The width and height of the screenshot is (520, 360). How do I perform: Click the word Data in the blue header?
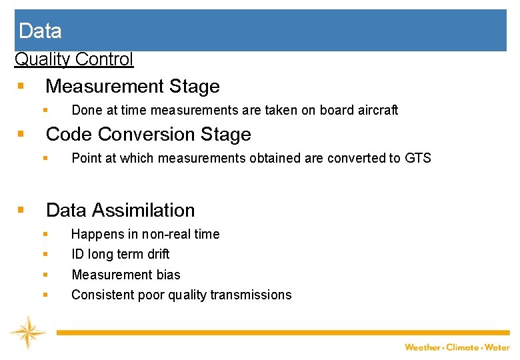coord(40,31)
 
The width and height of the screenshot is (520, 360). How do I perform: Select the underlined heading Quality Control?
coord(74,59)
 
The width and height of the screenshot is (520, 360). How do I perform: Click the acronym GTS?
coord(418,158)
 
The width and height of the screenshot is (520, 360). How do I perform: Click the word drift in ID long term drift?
coord(157,254)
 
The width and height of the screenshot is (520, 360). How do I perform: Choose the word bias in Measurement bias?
coord(167,275)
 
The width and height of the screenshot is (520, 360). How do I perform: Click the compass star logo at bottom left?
coord(27,332)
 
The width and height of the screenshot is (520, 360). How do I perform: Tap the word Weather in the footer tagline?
coord(423,347)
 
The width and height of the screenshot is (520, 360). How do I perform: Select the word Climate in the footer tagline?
coord(463,347)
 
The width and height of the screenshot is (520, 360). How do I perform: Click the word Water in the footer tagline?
coord(497,347)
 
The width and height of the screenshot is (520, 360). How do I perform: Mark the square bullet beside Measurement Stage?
coord(21,87)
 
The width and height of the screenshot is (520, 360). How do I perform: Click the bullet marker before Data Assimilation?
coord(21,210)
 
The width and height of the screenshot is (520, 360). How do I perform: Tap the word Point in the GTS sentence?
coord(85,158)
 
